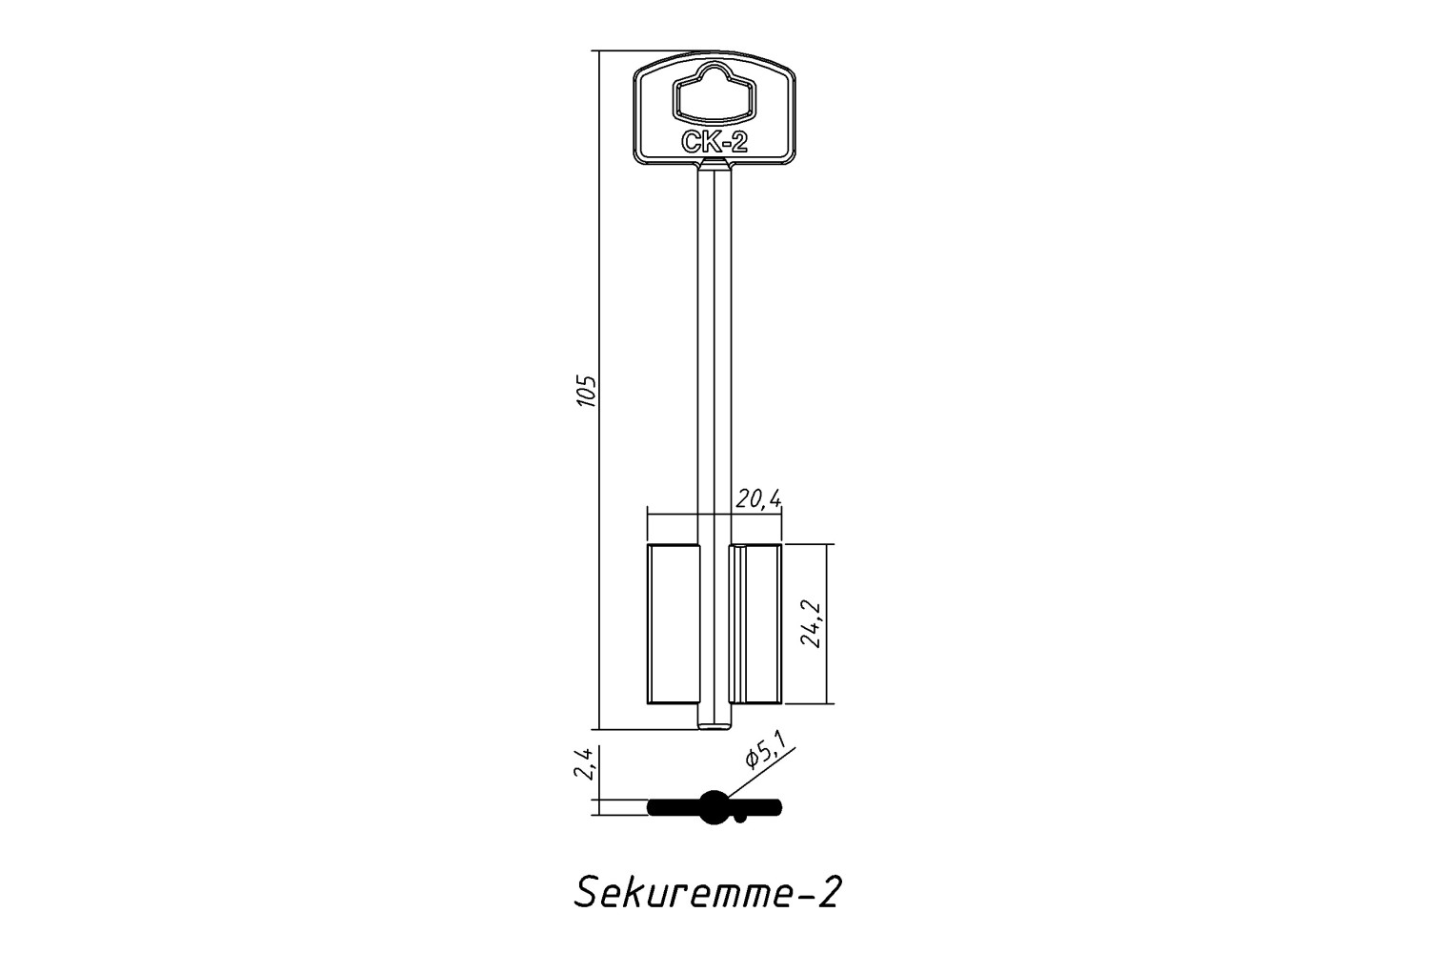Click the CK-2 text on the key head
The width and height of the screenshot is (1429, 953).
(714, 142)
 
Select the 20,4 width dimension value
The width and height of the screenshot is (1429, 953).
(758, 498)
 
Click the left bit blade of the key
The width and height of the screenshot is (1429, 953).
(674, 624)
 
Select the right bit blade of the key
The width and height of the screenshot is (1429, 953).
(755, 624)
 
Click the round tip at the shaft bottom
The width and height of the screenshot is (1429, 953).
(715, 724)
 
